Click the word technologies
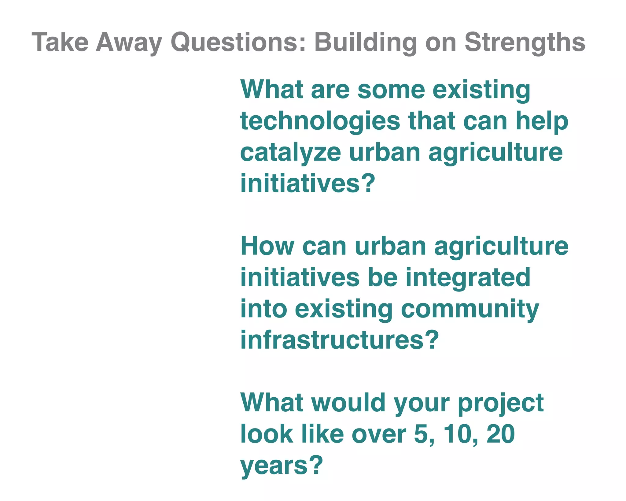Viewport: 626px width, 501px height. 320,121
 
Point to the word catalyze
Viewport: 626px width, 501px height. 290,153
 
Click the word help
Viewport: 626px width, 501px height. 542,121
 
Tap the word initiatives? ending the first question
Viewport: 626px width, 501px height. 307,184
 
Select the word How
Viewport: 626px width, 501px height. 267,246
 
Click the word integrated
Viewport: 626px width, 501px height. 468,278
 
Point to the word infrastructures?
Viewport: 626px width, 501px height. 340,340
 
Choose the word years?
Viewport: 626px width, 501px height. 282,466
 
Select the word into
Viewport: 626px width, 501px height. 263,309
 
